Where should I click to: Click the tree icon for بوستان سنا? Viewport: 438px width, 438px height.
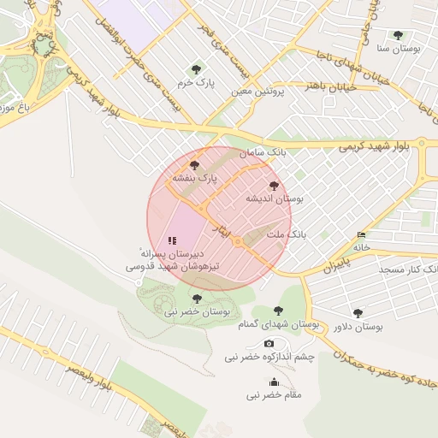tap(398, 35)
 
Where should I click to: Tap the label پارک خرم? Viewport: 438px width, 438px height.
tap(196, 83)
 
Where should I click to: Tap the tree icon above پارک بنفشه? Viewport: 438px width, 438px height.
tap(195, 164)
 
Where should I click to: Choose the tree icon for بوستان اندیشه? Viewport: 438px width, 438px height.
tap(274, 186)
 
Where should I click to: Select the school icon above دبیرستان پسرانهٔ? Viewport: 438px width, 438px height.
tap(172, 241)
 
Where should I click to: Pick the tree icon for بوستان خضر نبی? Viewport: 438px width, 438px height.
tap(198, 299)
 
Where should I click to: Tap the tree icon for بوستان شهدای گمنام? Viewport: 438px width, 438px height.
tap(277, 311)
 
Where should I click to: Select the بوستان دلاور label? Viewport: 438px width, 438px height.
tap(358, 327)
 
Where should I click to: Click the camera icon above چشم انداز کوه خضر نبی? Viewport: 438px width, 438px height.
tap(269, 343)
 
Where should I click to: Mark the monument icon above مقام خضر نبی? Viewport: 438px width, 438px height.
tap(274, 382)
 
